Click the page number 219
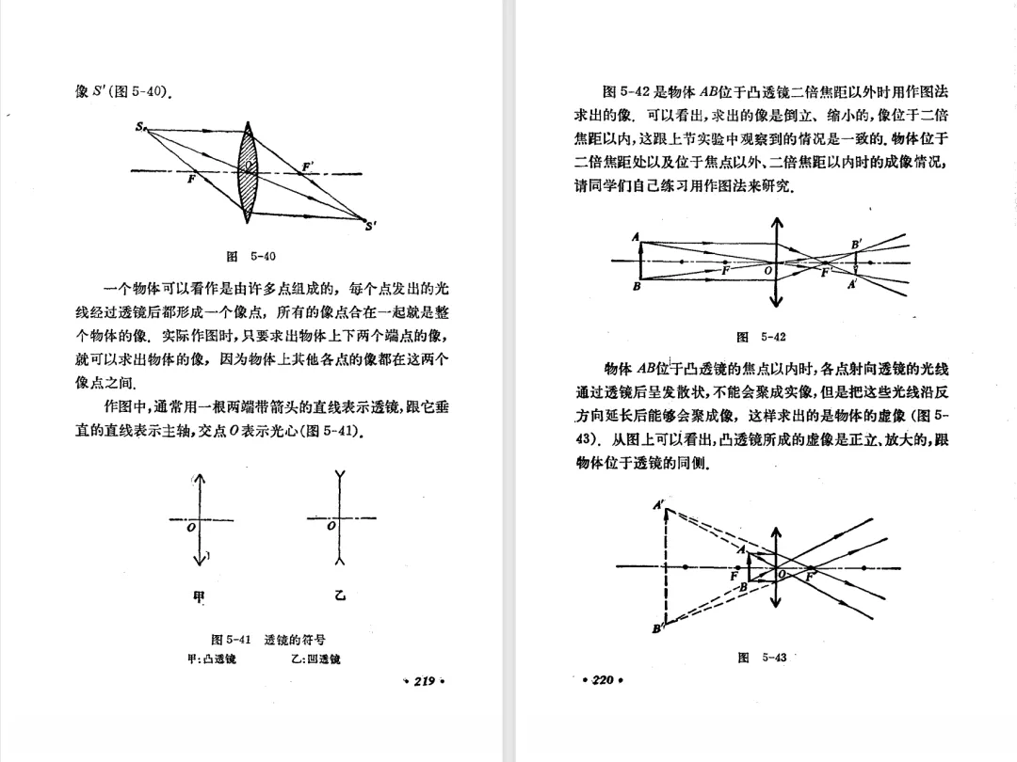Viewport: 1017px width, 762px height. (x=423, y=681)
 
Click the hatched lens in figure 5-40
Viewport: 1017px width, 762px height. (x=248, y=172)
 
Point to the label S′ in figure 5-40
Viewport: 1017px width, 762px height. (x=371, y=225)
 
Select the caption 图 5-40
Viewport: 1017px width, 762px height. (x=251, y=255)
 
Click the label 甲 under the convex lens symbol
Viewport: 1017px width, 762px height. (x=198, y=595)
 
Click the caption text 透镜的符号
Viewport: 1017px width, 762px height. (x=296, y=640)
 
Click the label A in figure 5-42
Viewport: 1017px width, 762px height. (x=636, y=236)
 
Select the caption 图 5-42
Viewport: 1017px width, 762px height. (x=761, y=337)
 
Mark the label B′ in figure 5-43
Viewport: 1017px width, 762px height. (x=658, y=629)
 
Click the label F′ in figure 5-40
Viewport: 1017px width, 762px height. (x=307, y=166)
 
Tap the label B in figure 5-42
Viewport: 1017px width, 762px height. (x=638, y=286)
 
